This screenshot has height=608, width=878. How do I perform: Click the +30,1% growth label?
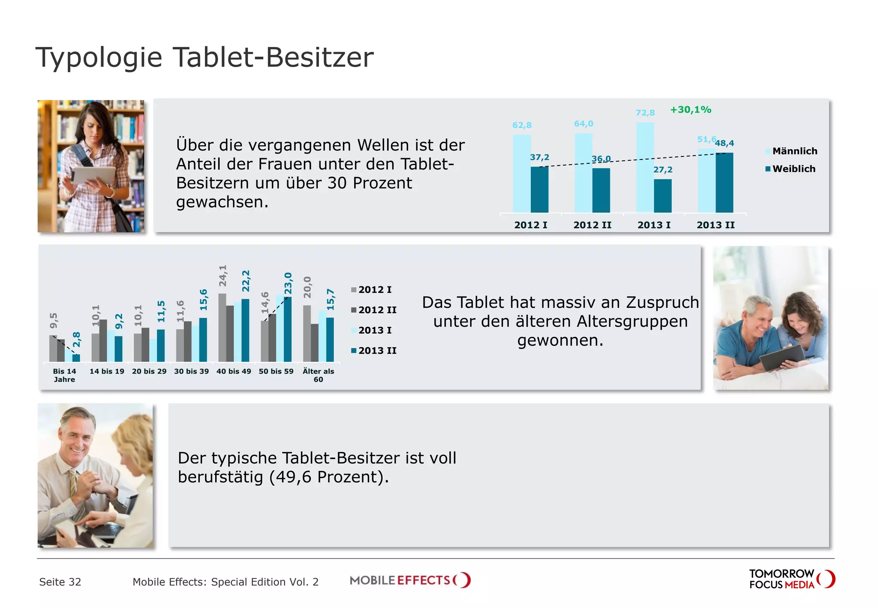690,110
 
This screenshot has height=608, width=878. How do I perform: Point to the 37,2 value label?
539,157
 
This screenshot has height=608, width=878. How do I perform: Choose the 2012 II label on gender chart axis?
592,225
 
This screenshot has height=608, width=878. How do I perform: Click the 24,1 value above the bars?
223,276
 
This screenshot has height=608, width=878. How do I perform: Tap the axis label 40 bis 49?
234,371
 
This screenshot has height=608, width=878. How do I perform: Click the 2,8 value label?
77,340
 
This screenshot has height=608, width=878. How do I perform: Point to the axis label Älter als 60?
318,375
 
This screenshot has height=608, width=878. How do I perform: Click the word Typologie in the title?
99,57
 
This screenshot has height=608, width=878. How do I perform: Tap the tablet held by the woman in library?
93,175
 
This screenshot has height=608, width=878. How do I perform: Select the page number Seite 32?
60,582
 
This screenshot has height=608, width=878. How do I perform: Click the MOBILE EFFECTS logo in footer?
410,581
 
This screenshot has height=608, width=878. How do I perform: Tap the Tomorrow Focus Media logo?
791,579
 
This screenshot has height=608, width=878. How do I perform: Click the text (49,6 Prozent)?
329,477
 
